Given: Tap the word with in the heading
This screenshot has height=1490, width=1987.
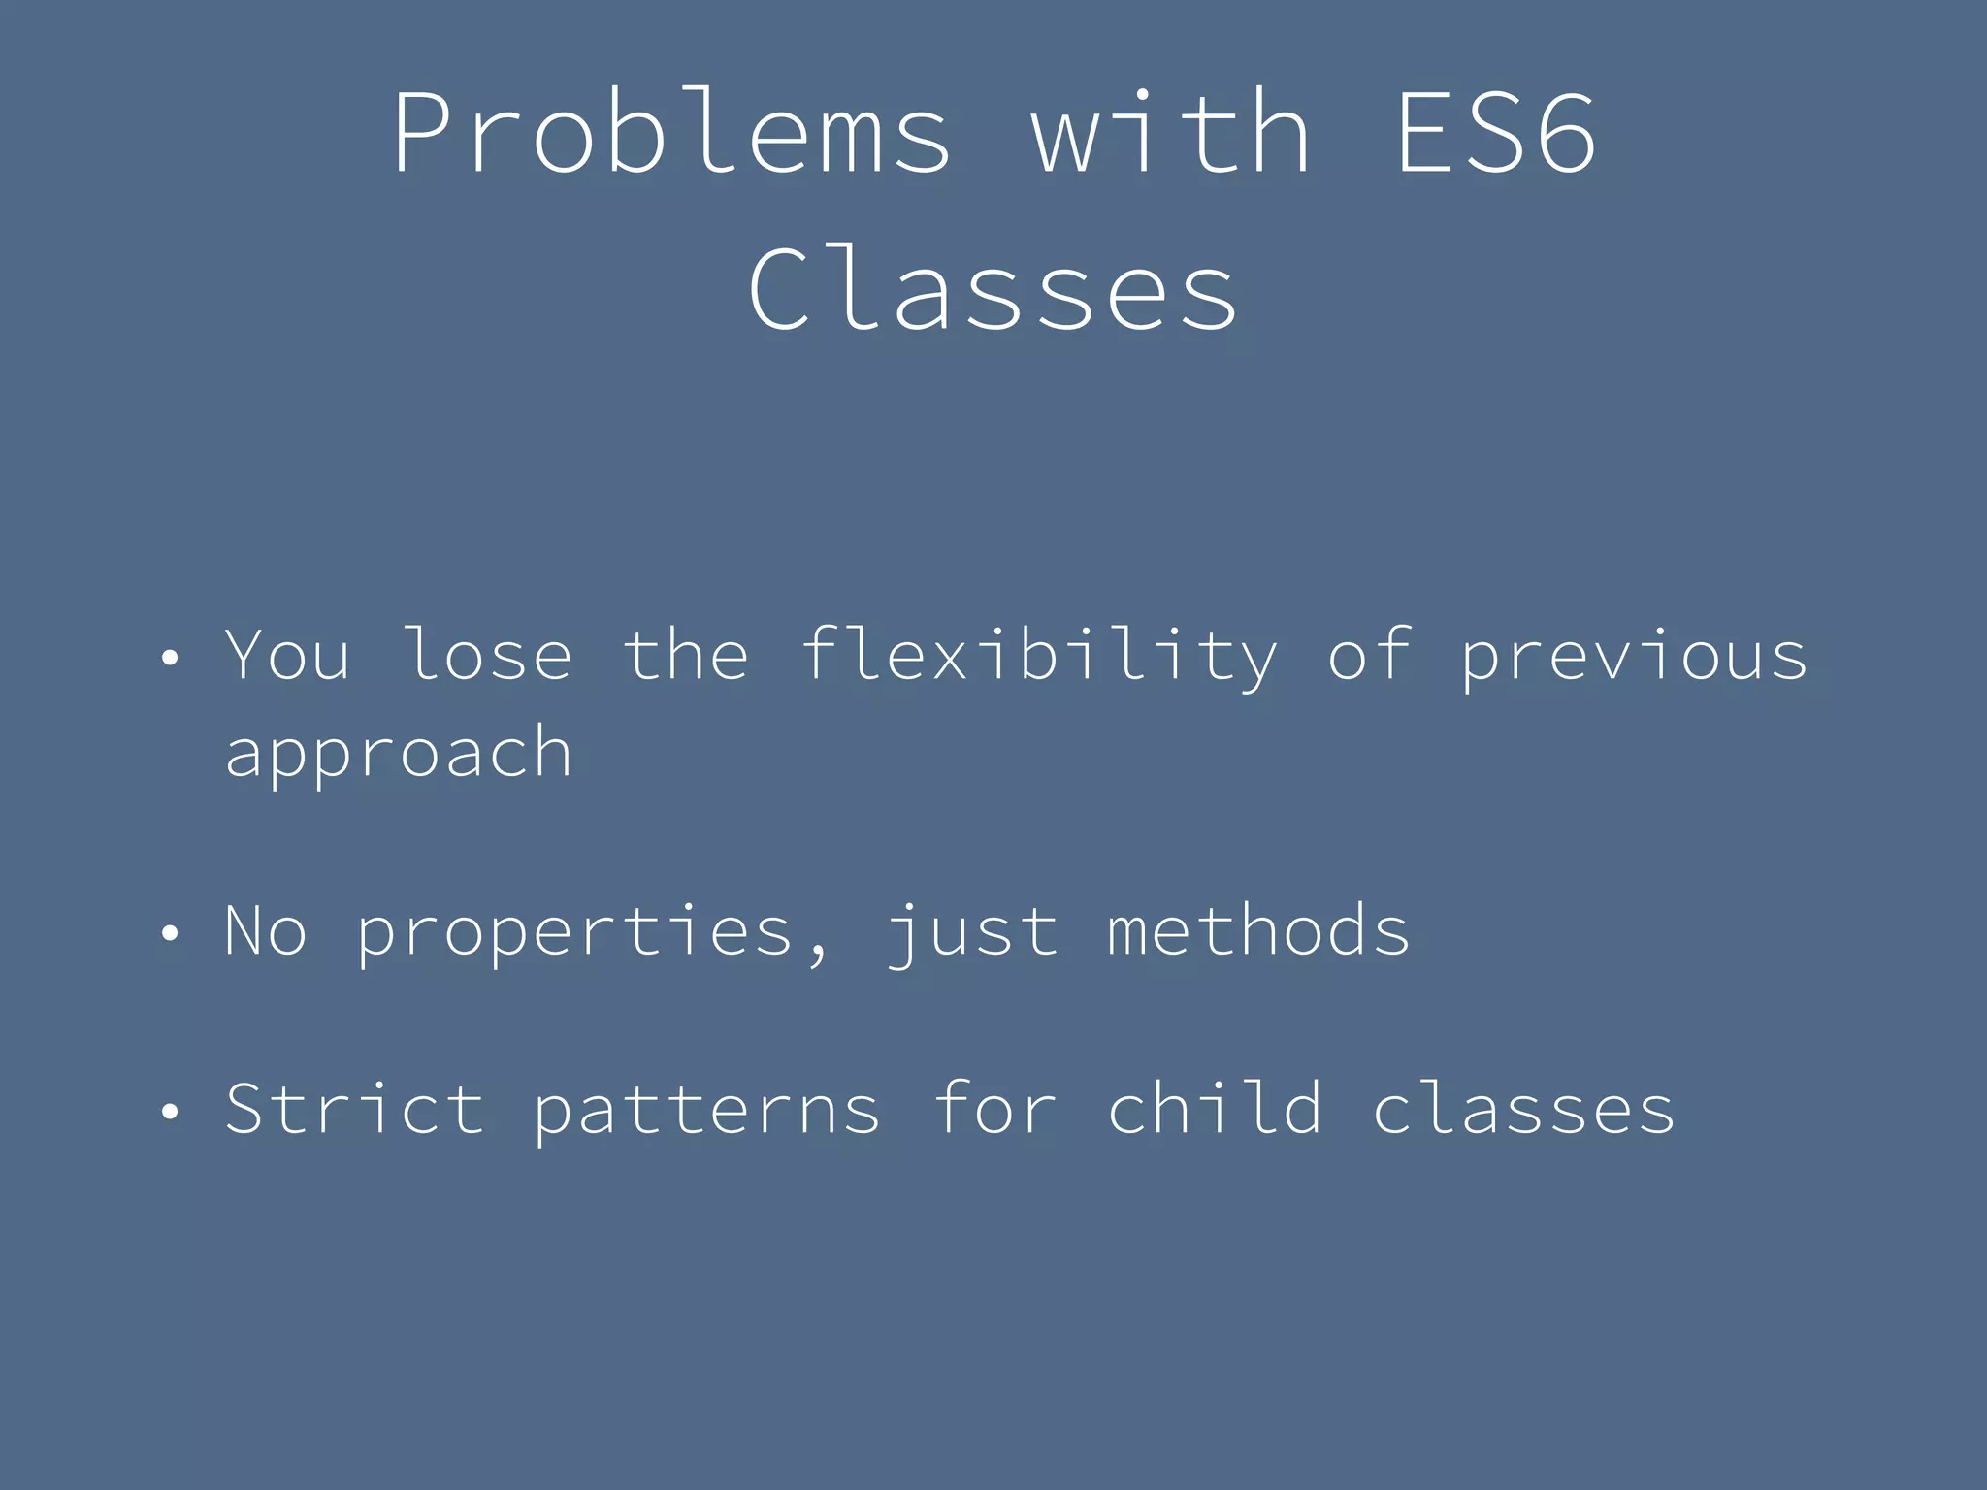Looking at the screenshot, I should (x=1171, y=133).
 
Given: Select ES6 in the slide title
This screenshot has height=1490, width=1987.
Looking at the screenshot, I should (x=1495, y=133).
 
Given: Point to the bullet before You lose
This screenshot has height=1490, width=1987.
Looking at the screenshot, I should (x=171, y=659).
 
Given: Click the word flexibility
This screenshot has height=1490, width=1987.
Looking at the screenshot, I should (x=1038, y=657).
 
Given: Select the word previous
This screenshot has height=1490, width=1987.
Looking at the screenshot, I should (x=1634, y=657).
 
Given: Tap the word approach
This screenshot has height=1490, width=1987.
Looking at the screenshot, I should (x=398, y=754).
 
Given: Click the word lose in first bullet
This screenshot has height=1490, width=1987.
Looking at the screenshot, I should (x=488, y=657).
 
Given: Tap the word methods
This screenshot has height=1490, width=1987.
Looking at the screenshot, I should (x=1258, y=931).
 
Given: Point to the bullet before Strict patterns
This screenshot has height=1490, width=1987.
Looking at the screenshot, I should (x=171, y=1112).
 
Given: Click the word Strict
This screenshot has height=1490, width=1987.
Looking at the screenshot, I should (x=354, y=1110).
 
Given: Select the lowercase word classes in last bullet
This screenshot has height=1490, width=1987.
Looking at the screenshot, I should (x=1523, y=1110).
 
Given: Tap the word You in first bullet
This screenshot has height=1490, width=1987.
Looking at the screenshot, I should (x=287, y=657).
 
